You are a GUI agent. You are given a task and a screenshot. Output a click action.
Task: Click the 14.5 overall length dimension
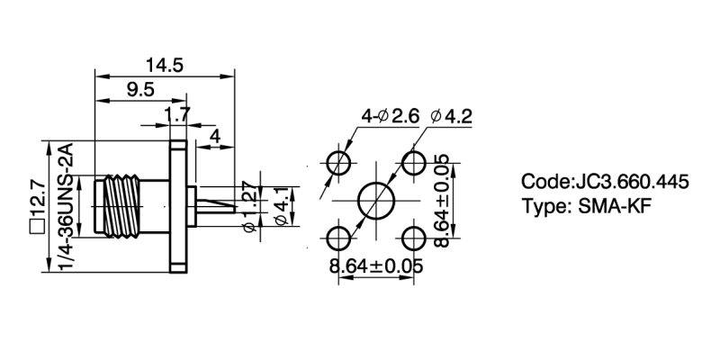[164, 65]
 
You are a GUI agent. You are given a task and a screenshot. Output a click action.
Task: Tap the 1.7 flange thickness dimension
[177, 114]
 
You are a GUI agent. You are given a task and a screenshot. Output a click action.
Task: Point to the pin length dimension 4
[214, 135]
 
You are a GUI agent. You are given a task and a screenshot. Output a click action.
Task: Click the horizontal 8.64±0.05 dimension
[376, 266]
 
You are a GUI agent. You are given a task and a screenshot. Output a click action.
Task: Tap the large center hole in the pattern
[374, 201]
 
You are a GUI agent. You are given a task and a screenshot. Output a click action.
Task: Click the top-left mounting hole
[338, 163]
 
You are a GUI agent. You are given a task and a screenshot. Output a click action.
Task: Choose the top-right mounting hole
[414, 163]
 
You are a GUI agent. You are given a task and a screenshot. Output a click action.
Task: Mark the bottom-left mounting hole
[338, 239]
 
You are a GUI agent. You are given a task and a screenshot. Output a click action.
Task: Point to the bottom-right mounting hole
[414, 239]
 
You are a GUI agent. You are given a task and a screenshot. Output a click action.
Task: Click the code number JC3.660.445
[630, 182]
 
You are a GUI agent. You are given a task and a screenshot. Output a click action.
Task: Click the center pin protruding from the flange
[216, 206]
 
